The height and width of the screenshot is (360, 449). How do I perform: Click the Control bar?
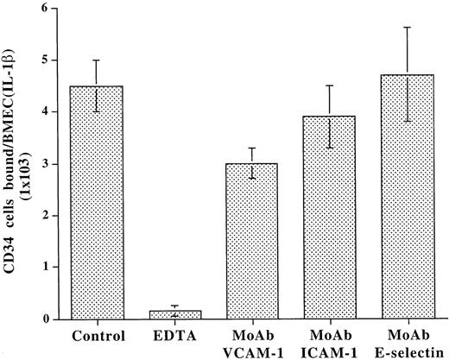tap(97, 203)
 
